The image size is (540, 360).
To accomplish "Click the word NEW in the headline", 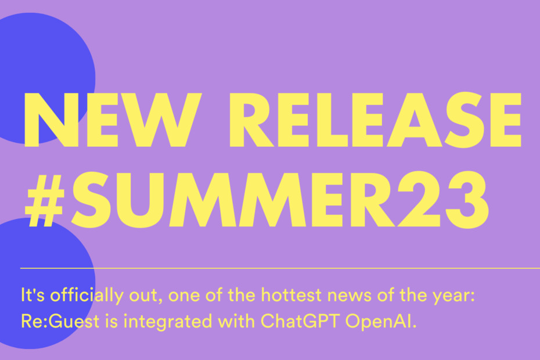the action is tap(112, 120).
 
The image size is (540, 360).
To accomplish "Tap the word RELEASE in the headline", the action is tap(376, 120).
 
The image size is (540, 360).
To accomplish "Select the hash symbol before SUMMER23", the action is tap(45, 200).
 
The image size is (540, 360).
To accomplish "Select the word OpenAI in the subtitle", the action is tap(381, 321).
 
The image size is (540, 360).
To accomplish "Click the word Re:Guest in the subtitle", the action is tap(60, 321).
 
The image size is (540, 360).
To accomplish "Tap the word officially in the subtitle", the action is tap(87, 296).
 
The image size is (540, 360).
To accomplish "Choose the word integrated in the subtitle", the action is tap(168, 322).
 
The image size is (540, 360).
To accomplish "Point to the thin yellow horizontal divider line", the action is tap(280, 268).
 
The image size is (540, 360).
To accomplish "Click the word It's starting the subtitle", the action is tap(33, 295).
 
